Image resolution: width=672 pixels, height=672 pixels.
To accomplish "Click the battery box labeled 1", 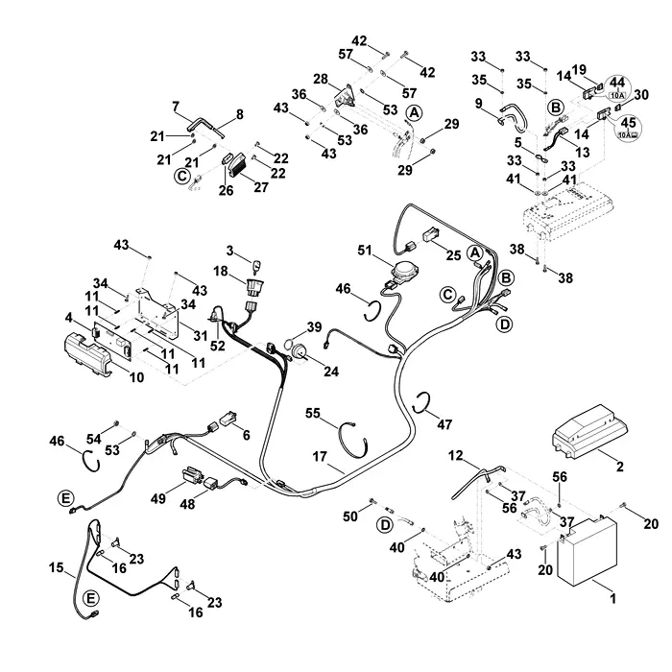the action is tap(587, 551).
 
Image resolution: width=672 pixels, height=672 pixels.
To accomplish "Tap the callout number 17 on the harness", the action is tap(320, 457).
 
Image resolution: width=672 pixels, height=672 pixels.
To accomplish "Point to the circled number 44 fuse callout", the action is tap(617, 86).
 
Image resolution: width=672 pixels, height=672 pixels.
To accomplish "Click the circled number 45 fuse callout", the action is tap(628, 128).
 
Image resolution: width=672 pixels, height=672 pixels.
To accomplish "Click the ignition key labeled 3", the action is tap(257, 266).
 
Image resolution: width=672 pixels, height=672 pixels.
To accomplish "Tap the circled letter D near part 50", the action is tap(386, 524).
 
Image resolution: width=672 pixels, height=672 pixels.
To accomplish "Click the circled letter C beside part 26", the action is tap(181, 176).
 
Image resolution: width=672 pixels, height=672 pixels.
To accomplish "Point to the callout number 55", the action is tap(313, 413).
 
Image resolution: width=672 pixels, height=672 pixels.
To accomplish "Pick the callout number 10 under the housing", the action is tap(136, 377).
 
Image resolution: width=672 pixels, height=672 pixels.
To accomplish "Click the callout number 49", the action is tap(158, 498).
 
